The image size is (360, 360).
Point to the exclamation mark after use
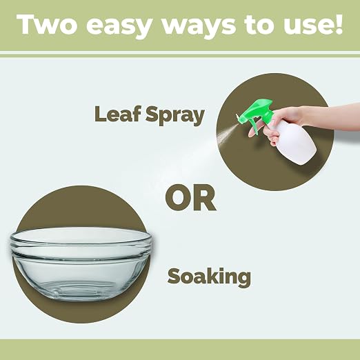[x=338, y=25]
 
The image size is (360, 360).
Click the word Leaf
[x=117, y=114]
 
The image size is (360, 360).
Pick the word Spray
[x=175, y=116]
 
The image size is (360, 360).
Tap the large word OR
[x=190, y=198]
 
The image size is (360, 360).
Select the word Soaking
[x=209, y=277]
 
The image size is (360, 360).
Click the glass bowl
[x=81, y=264]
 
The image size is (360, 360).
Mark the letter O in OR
[x=179, y=198]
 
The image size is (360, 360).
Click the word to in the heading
[x=257, y=26]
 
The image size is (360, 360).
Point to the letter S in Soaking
[x=174, y=277]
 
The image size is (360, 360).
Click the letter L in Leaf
[x=99, y=114]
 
